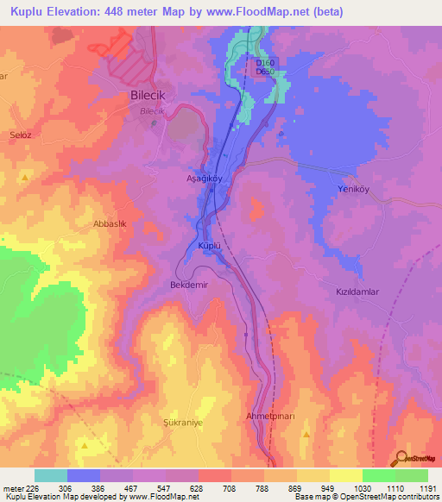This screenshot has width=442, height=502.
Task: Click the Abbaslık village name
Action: pos(110,223)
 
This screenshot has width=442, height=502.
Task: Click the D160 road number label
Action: pos(265,62)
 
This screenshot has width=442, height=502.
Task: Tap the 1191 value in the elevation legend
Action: pos(427,487)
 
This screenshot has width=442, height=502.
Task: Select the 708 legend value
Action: pos(230,487)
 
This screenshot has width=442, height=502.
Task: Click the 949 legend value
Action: pos(329,487)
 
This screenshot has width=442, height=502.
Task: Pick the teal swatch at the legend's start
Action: pos(50,475)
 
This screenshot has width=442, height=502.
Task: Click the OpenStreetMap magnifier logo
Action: pos(401,459)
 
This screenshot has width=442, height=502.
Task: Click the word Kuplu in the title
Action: pos(31,12)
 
